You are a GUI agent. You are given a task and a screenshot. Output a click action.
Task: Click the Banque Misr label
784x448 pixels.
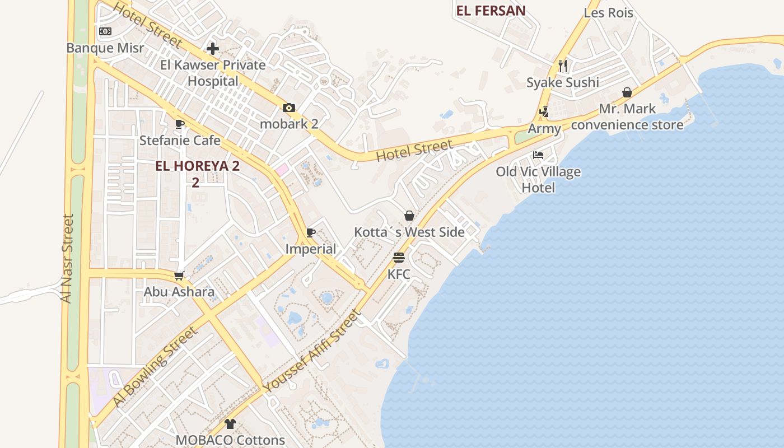coord(105,48)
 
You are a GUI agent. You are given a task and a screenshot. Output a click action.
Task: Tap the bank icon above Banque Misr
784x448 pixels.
coord(105,31)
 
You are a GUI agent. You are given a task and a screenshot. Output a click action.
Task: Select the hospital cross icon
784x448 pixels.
coord(213,49)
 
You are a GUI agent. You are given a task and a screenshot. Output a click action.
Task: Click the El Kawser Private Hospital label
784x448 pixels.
coord(213,73)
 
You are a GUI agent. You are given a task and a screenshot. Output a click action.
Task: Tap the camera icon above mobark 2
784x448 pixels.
coord(289,108)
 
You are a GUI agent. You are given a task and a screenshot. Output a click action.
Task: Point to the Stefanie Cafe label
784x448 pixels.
coord(180,140)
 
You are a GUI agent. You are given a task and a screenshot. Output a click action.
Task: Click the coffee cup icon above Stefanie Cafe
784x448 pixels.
coord(180,124)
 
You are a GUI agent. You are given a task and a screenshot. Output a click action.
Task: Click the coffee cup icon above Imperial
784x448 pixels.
coord(311,233)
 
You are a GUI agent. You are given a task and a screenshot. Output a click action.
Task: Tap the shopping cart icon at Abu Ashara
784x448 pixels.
coord(179,276)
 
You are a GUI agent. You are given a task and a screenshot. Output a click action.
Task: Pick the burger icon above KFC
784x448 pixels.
coord(399,258)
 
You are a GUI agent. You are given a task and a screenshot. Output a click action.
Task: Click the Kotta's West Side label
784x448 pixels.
coord(409,232)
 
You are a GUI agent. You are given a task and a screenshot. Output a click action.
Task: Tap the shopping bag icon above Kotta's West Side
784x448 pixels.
coord(409,216)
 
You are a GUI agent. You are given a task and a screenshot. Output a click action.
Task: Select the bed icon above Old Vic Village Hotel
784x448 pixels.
coord(538,155)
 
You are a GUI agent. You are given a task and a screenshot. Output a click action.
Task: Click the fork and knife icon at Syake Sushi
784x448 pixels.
coord(563,66)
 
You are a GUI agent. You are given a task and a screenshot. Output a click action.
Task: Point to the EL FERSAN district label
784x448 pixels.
coord(491,11)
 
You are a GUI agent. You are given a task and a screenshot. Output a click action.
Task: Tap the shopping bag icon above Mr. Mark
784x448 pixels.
coord(627,92)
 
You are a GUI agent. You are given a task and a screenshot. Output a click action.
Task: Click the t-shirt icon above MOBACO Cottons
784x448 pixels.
coord(230,424)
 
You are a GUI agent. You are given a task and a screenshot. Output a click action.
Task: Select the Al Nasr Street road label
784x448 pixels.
coord(67,259)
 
